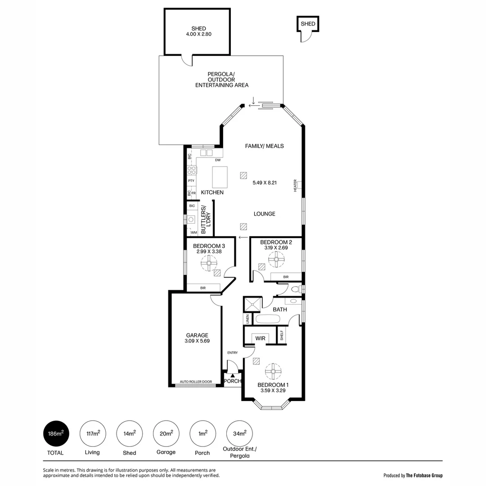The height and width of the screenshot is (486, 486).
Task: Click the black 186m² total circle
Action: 56,434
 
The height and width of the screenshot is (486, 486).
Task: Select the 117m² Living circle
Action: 93,434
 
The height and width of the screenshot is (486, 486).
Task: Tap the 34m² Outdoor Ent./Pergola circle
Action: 239,434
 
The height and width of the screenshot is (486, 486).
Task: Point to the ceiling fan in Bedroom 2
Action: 277,259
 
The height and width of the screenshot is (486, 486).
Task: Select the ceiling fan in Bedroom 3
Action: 209,262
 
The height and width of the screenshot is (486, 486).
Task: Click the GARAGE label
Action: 197,335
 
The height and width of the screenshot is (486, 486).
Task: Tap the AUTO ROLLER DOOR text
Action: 196,382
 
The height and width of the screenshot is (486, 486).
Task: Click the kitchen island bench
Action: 220,177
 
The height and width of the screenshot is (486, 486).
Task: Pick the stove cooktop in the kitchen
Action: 192,170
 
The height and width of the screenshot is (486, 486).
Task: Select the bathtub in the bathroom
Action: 268,319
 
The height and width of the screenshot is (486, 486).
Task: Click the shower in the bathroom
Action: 252,305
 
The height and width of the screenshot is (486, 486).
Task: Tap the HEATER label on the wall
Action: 295,185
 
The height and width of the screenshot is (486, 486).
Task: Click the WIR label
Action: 260,338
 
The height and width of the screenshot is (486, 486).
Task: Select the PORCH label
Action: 233,381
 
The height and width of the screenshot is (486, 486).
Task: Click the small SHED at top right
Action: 308,24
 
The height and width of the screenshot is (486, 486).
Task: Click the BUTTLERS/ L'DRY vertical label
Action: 206,220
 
